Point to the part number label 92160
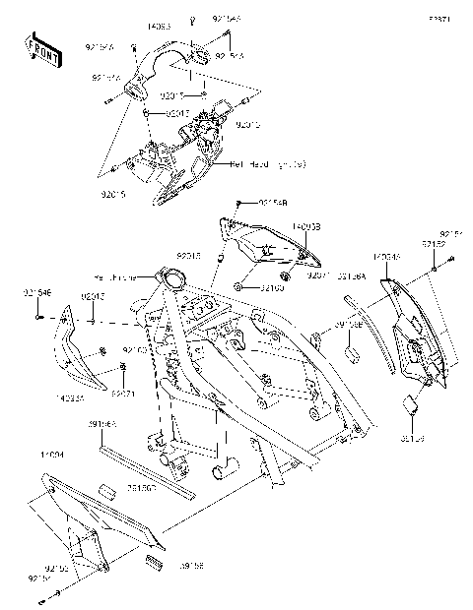point(272,288)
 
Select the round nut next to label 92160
point(239,286)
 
